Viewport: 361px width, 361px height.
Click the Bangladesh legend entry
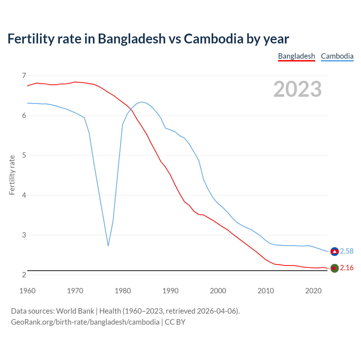click(x=296, y=56)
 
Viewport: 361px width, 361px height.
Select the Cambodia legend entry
click(x=337, y=56)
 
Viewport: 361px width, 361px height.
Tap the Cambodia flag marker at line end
click(x=334, y=251)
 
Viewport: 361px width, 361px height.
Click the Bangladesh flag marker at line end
click(x=334, y=268)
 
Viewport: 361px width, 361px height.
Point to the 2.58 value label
click(x=347, y=251)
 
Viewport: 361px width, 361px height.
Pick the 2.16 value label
click(x=347, y=268)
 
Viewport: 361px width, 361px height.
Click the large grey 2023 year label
click(x=298, y=89)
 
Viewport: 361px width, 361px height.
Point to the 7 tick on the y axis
click(x=24, y=76)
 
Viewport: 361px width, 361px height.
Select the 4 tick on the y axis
click(x=24, y=195)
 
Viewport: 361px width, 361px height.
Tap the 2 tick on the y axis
click(x=24, y=275)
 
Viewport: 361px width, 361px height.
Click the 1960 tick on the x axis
click(x=27, y=291)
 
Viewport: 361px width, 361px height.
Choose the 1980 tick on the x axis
click(x=123, y=291)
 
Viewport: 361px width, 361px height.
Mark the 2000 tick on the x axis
click(x=218, y=291)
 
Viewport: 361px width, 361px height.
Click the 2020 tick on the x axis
click(x=313, y=291)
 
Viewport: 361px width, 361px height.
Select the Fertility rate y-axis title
click(x=12, y=175)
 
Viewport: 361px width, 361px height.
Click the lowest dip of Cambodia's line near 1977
click(x=108, y=245)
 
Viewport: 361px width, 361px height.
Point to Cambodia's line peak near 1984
click(x=142, y=102)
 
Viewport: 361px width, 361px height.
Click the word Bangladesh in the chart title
click(x=132, y=39)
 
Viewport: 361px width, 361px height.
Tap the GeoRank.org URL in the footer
click(x=85, y=322)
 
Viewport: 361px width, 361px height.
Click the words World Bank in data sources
click(x=75, y=311)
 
